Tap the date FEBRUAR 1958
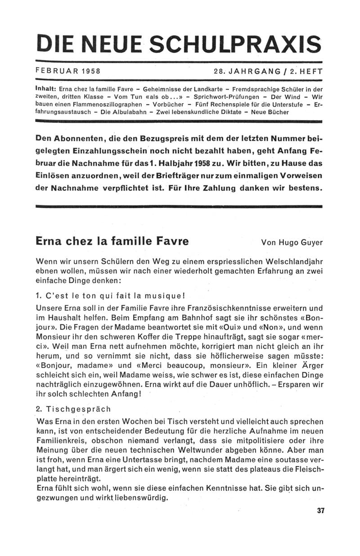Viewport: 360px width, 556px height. click(67, 71)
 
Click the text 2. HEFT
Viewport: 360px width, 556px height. click(304, 71)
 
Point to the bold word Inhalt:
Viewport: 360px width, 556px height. click(45, 89)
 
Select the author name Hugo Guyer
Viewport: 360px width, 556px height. click(300, 243)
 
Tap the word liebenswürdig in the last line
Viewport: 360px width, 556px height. click(140, 498)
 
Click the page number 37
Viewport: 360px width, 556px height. click(320, 511)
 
